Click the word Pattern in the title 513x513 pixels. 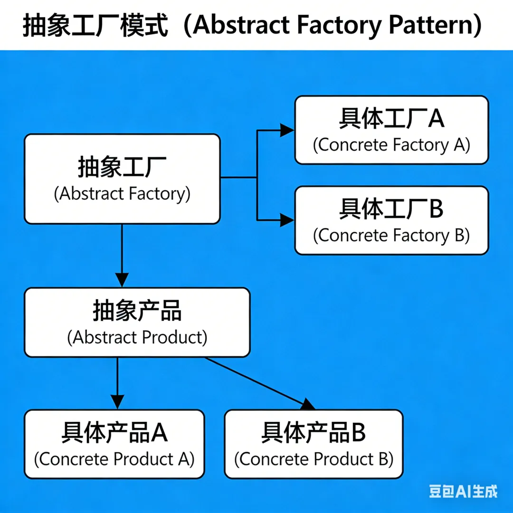pos(431,25)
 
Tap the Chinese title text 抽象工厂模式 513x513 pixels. pos(95,26)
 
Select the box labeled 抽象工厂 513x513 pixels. pos(122,179)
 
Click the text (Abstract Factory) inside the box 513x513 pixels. pos(122,193)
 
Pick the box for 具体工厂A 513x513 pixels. pos(391,130)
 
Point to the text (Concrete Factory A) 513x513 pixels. pos(391,145)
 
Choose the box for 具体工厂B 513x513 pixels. pos(391,220)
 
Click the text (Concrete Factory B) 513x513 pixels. pos(391,235)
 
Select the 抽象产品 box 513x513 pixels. pos(137,322)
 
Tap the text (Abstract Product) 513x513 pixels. pos(137,337)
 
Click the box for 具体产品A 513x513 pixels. pos(114,444)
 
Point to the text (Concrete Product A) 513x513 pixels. pos(114,459)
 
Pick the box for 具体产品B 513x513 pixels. pos(314,444)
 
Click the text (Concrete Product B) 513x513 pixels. pos(314,459)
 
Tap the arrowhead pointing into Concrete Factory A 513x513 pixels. pos(287,130)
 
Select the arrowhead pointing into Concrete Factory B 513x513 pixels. pos(287,220)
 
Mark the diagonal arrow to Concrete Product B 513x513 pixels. pos(260,383)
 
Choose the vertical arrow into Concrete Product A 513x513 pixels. pos(117,383)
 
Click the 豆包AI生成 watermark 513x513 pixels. pos(463,492)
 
